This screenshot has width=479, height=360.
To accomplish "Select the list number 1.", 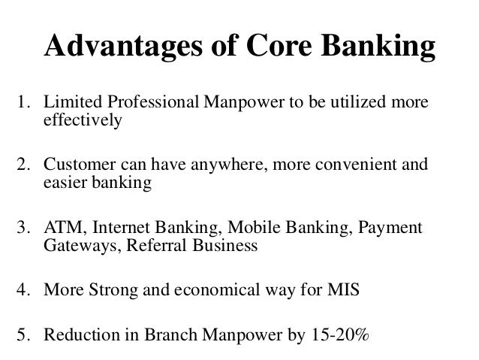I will [x=23, y=102].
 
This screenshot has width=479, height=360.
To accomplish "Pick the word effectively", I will [x=82, y=121].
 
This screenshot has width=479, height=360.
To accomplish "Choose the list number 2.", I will [x=23, y=164].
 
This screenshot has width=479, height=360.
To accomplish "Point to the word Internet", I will [x=115, y=227].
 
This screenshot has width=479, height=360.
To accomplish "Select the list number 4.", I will [x=23, y=289].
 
